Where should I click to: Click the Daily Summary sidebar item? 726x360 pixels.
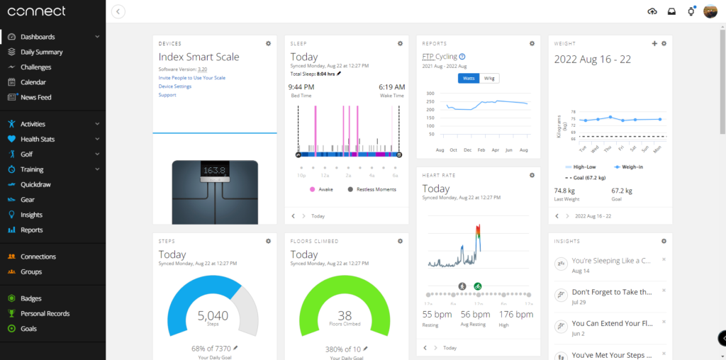coord(41,52)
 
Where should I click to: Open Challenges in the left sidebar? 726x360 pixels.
coord(35,67)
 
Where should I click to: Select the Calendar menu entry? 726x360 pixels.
coord(34,82)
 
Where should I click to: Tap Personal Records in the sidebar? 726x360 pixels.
coord(45,313)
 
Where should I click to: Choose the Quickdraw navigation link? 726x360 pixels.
coord(35,184)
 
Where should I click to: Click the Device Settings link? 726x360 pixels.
coord(174,86)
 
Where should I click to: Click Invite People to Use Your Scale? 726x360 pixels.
coord(191,77)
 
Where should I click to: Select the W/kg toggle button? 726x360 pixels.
coord(489,78)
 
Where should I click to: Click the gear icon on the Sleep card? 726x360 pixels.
coord(400,43)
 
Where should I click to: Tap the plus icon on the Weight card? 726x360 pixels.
coord(654,43)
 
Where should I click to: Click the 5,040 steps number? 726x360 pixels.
coord(213,315)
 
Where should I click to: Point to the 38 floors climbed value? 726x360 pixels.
coord(345,315)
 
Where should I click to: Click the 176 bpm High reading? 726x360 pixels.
coord(506,314)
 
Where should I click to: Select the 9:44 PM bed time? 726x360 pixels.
coord(302,87)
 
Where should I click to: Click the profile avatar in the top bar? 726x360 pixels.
coord(710,11)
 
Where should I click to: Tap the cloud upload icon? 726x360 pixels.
coord(652,11)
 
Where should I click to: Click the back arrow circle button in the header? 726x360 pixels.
coord(118,11)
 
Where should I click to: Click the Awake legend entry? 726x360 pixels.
coord(323,189)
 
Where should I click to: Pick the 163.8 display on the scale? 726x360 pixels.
coord(213,171)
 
